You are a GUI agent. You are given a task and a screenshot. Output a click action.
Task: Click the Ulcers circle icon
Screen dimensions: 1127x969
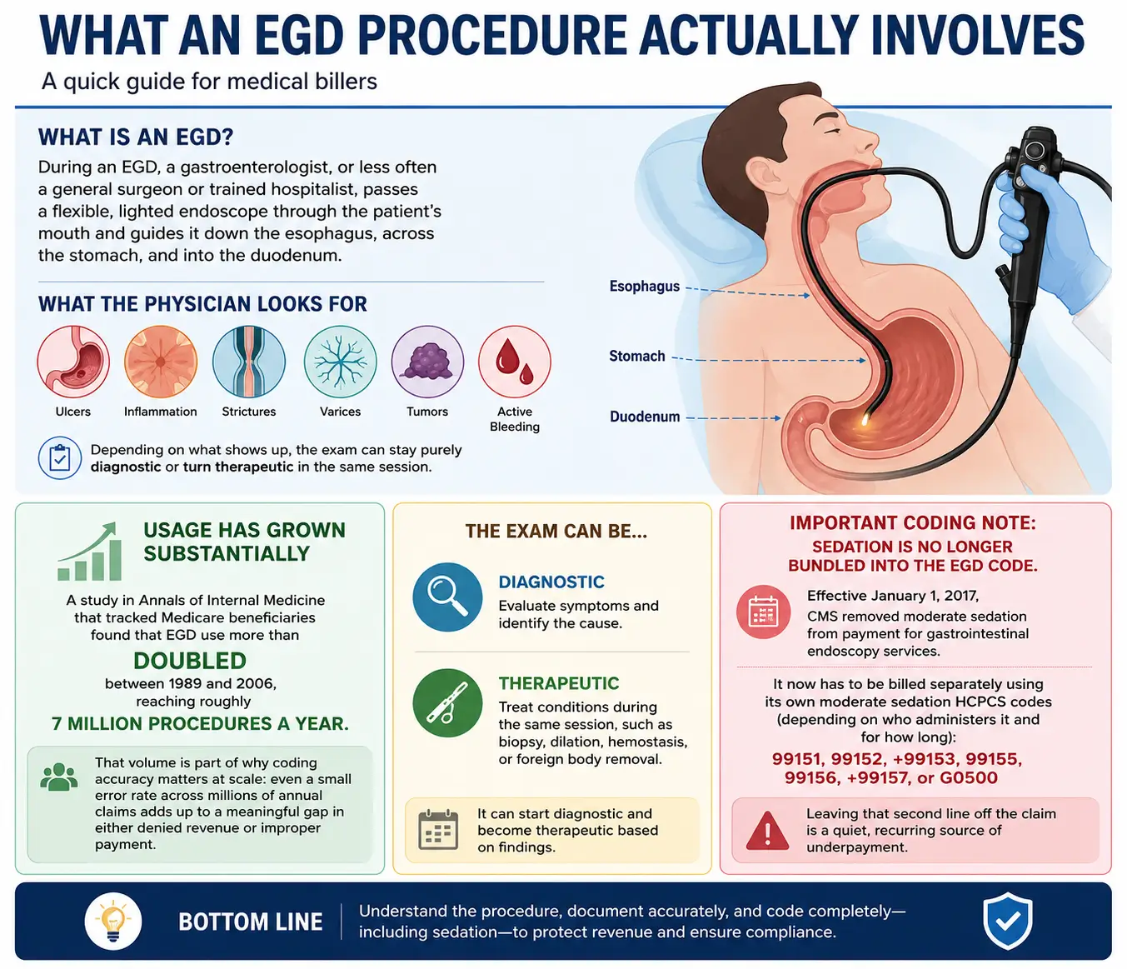73,362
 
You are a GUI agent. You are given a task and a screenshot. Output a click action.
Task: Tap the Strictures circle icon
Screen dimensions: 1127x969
248,362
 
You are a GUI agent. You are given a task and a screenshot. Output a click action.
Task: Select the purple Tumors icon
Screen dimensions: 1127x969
427,362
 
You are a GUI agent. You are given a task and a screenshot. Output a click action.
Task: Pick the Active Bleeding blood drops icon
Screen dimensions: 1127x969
515,362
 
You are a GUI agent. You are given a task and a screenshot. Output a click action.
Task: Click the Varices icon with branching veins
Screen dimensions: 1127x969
340,362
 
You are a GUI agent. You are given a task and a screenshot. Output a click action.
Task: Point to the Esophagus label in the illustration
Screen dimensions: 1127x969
645,287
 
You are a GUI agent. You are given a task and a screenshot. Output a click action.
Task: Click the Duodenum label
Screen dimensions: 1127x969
645,417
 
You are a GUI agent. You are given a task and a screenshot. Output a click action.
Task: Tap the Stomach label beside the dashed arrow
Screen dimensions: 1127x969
637,356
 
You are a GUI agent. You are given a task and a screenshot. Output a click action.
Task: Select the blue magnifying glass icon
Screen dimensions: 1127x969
447,597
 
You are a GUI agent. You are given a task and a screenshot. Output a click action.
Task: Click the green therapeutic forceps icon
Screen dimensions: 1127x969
447,703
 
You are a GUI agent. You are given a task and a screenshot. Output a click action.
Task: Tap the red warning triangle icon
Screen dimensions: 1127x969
767,831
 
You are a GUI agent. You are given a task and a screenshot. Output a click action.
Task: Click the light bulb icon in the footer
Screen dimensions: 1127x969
113,921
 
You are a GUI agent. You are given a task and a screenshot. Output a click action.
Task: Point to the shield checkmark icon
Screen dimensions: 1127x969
1008,921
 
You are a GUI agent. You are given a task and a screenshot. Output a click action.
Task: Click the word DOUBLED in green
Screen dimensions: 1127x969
190,661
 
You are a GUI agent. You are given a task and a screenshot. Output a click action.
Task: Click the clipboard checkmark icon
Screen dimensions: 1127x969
59,458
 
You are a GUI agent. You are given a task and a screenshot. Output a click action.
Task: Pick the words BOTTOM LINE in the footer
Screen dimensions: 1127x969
250,922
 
